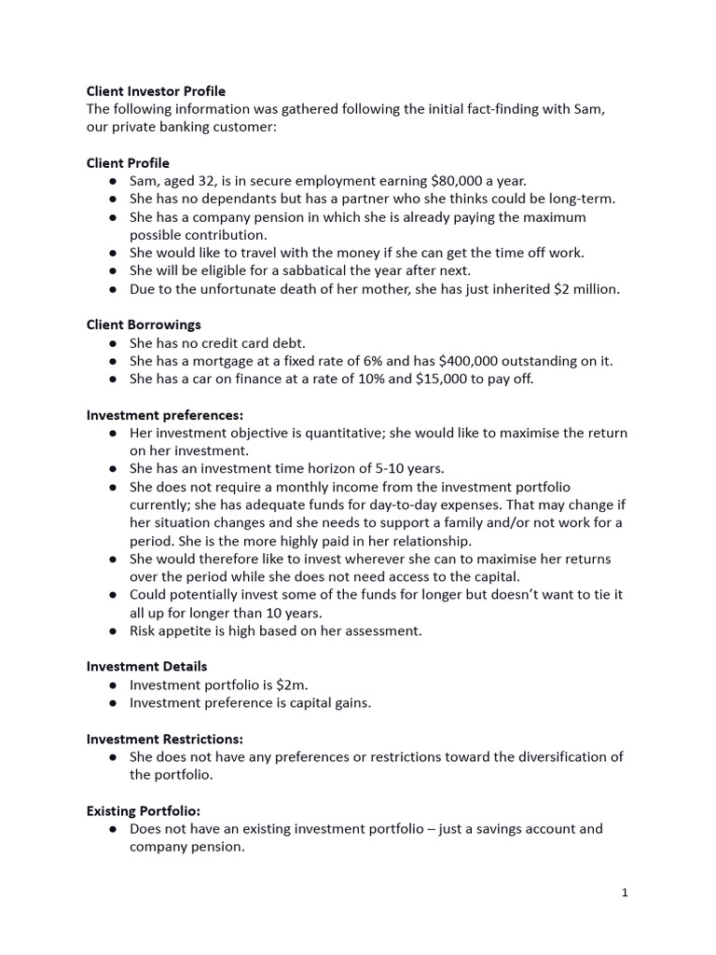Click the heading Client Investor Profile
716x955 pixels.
click(156, 91)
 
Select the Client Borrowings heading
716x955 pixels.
click(144, 325)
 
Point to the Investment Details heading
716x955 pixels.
click(147, 666)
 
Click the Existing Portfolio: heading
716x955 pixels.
click(144, 810)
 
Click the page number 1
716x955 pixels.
click(625, 893)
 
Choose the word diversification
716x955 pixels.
click(553, 756)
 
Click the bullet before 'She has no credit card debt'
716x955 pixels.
click(112, 343)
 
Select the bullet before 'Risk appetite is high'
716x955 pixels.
click(112, 630)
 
